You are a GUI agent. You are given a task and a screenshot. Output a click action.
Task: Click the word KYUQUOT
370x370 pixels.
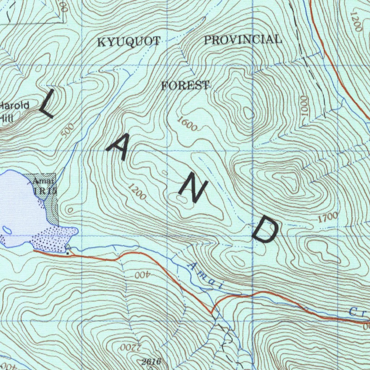[129, 42]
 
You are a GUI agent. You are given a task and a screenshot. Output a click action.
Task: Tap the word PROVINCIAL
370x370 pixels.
[243, 39]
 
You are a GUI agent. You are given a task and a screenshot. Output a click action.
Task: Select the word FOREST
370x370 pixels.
[185, 86]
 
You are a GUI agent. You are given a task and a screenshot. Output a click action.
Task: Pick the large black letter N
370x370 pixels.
[193, 190]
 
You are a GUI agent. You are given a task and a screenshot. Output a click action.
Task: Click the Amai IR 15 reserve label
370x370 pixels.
[44, 185]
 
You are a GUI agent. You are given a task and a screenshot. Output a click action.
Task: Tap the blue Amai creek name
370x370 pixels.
[205, 277]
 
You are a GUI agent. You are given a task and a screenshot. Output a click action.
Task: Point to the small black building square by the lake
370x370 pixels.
[67, 253]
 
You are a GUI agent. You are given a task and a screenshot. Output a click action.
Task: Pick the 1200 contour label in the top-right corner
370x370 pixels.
[356, 22]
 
